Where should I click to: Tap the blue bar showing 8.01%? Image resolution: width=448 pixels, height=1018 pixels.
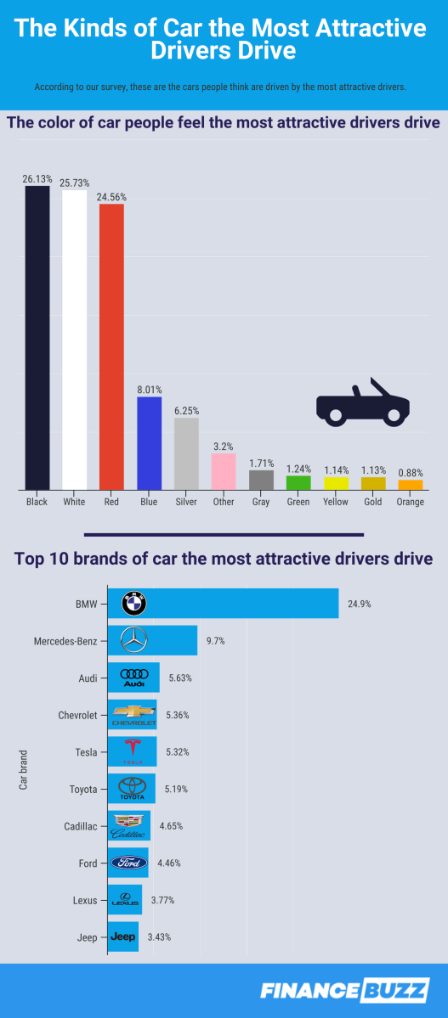pyautogui.click(x=149, y=443)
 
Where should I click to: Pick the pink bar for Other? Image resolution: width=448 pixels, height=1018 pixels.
pyautogui.click(x=224, y=471)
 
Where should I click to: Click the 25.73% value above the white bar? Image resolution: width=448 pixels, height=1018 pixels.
pyautogui.click(x=75, y=183)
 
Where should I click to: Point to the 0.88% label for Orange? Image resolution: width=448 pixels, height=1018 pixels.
pyautogui.click(x=411, y=473)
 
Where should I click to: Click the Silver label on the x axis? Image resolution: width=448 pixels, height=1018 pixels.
pyautogui.click(x=186, y=502)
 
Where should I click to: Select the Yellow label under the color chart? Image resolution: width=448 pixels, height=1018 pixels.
pyautogui.click(x=336, y=502)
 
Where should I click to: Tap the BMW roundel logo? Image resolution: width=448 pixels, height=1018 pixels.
pyautogui.click(x=134, y=605)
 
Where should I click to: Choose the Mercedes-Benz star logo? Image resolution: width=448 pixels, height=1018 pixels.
pyautogui.click(x=134, y=641)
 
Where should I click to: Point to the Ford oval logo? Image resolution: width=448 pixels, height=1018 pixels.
pyautogui.click(x=129, y=863)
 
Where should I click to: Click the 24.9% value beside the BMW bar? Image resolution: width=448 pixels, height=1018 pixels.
pyautogui.click(x=359, y=605)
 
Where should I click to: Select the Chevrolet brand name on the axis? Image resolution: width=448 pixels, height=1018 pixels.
pyautogui.click(x=77, y=715)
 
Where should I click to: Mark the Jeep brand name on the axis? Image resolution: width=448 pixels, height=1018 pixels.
pyautogui.click(x=86, y=936)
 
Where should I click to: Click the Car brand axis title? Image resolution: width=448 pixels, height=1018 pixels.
pyautogui.click(x=24, y=769)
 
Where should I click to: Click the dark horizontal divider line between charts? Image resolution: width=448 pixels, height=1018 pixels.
pyautogui.click(x=224, y=534)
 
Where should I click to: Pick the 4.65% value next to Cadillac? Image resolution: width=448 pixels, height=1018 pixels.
pyautogui.click(x=170, y=825)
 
